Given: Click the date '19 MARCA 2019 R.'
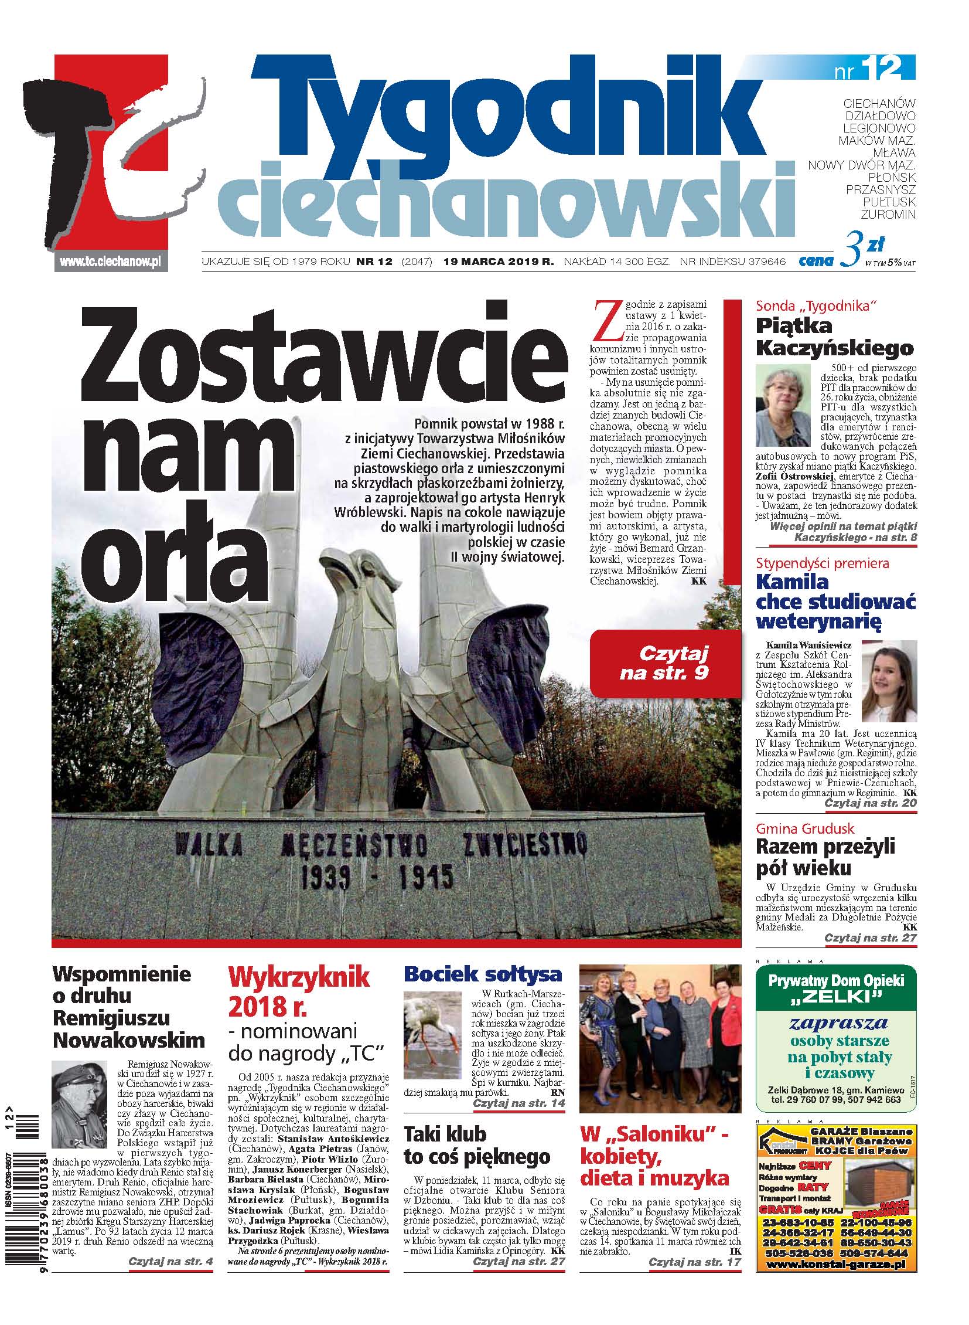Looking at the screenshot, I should tap(499, 262).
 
